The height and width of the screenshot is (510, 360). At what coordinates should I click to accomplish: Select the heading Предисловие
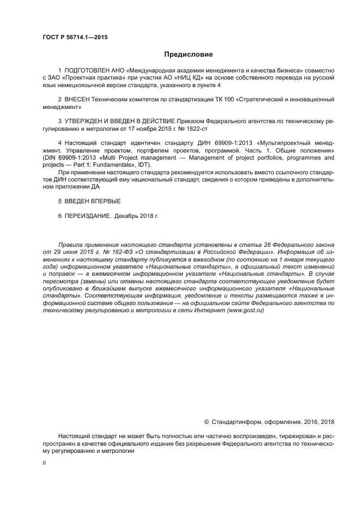[188, 54]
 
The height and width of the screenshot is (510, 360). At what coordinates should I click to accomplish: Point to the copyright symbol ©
[207, 421]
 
